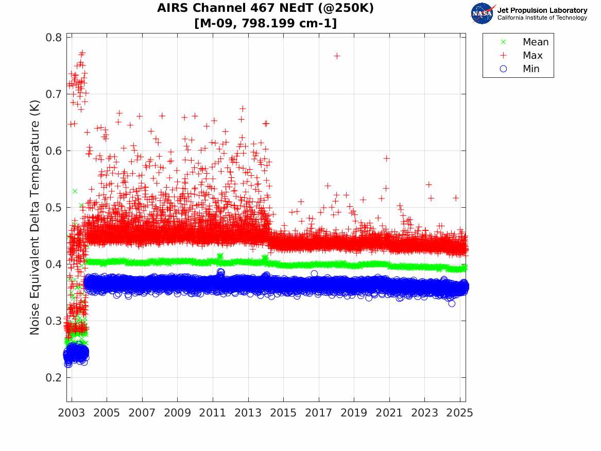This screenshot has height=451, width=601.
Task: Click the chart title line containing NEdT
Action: [x=266, y=9]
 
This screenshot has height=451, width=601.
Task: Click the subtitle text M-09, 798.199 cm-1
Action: [x=266, y=23]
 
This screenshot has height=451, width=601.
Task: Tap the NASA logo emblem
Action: [x=483, y=13]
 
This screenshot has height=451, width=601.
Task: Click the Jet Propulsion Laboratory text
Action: [x=542, y=10]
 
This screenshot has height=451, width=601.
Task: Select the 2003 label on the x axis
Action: [x=72, y=413]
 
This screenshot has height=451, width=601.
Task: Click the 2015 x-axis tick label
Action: [x=283, y=413]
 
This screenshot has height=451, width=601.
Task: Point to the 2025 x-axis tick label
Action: [x=460, y=413]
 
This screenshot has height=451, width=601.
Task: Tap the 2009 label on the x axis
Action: [x=178, y=413]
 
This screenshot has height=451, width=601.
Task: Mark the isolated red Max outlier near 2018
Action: [x=337, y=56]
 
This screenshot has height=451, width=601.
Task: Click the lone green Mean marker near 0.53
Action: [x=75, y=191]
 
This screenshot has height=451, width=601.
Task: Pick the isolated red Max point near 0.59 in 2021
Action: [x=387, y=158]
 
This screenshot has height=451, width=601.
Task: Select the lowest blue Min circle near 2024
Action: [x=452, y=304]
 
